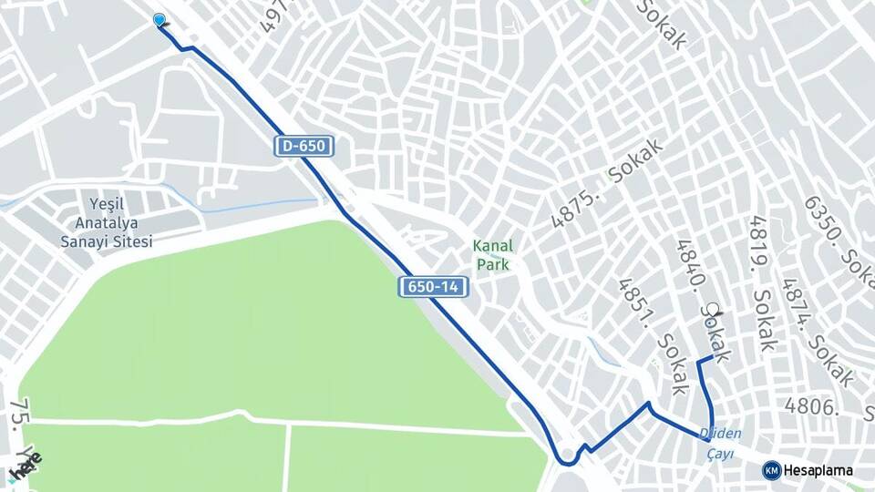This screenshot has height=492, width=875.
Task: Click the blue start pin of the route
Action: [160, 20]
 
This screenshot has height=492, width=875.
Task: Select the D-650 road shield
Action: [304, 146]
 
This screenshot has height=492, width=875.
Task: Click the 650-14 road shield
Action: [433, 287]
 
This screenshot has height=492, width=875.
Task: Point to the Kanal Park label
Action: [492, 255]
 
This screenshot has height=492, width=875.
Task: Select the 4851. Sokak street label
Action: [652, 336]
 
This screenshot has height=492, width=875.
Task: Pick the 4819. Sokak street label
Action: [761, 282]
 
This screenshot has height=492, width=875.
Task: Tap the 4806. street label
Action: [811, 406]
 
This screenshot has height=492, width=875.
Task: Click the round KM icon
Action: [771, 470]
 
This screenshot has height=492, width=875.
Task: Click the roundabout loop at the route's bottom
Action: [567, 455]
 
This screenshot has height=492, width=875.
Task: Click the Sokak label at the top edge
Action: [661, 24]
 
